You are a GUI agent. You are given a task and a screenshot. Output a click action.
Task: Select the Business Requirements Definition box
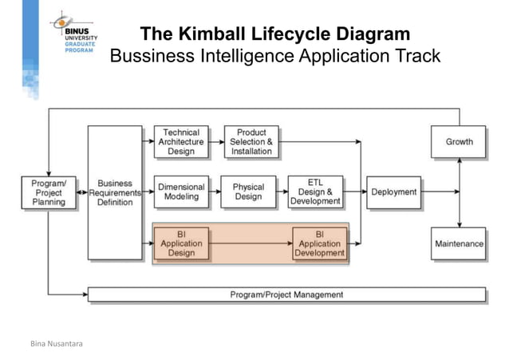pyautogui.click(x=115, y=192)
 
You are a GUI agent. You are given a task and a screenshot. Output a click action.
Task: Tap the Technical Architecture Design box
pyautogui.click(x=181, y=141)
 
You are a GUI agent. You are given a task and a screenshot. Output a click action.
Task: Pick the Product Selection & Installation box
pyautogui.click(x=251, y=141)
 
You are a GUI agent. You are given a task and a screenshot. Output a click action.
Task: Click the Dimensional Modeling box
pyautogui.click(x=181, y=192)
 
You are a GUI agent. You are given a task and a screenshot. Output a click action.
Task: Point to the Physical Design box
pyautogui.click(x=248, y=192)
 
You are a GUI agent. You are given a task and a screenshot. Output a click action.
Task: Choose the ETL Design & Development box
pyautogui.click(x=315, y=192)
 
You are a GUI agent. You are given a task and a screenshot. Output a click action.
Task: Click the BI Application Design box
pyautogui.click(x=181, y=243)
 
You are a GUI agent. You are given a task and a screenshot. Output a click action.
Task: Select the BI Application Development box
pyautogui.click(x=319, y=243)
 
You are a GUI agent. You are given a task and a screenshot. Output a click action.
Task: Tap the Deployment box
pyautogui.click(x=394, y=192)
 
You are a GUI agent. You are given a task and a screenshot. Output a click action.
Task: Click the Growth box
pyautogui.click(x=459, y=141)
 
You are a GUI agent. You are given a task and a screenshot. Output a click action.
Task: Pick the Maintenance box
pyautogui.click(x=459, y=243)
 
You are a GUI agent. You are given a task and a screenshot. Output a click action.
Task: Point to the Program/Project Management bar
pyautogui.click(x=286, y=295)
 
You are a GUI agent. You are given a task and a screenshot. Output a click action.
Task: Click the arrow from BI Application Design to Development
pyautogui.click(x=251, y=243)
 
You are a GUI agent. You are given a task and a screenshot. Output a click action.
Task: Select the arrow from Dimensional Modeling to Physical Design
pyautogui.click(x=215, y=192)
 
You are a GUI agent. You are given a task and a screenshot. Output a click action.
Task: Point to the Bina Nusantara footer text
pyautogui.click(x=56, y=344)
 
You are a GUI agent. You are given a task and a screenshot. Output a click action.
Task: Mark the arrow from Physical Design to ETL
pyautogui.click(x=282, y=192)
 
